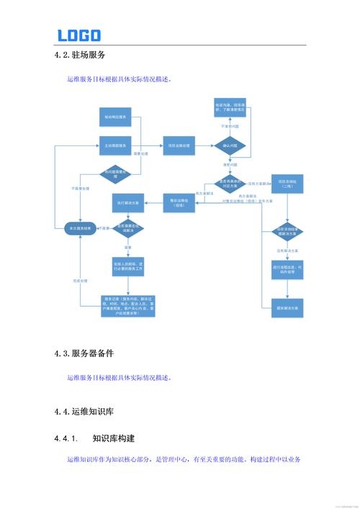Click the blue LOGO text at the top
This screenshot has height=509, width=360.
coord(79,35)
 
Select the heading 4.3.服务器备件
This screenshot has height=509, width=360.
coord(84,353)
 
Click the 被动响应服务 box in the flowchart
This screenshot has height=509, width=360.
coord(116,116)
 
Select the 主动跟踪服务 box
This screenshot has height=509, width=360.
coord(116,145)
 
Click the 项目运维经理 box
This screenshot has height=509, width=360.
coord(179,145)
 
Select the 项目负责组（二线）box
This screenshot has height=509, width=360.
coord(287,184)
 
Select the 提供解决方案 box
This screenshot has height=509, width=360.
coord(287,307)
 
